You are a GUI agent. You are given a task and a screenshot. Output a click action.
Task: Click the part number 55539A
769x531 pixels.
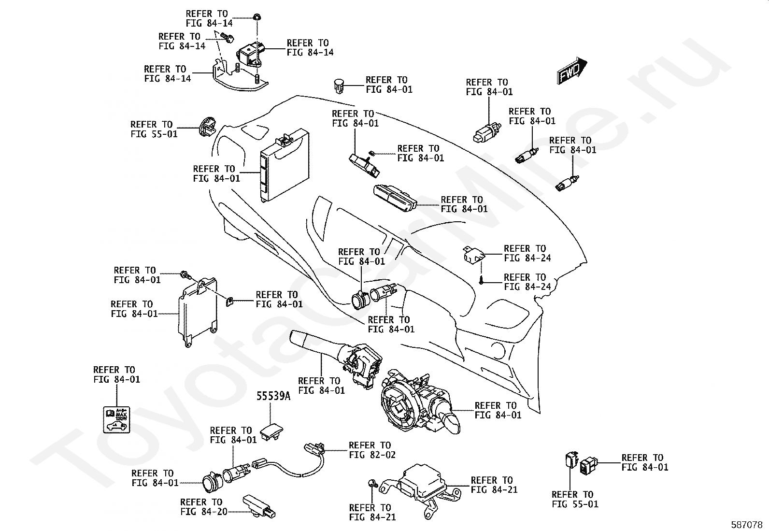pos(273,396)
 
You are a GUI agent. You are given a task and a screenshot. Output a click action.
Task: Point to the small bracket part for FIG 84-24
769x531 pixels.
pos(473,255)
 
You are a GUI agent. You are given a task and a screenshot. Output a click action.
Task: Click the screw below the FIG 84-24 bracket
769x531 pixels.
pos(481,280)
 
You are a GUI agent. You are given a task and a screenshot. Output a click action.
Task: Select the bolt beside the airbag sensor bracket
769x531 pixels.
pos(372,484)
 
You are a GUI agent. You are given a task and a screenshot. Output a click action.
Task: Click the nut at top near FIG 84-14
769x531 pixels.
pos(257,18)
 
